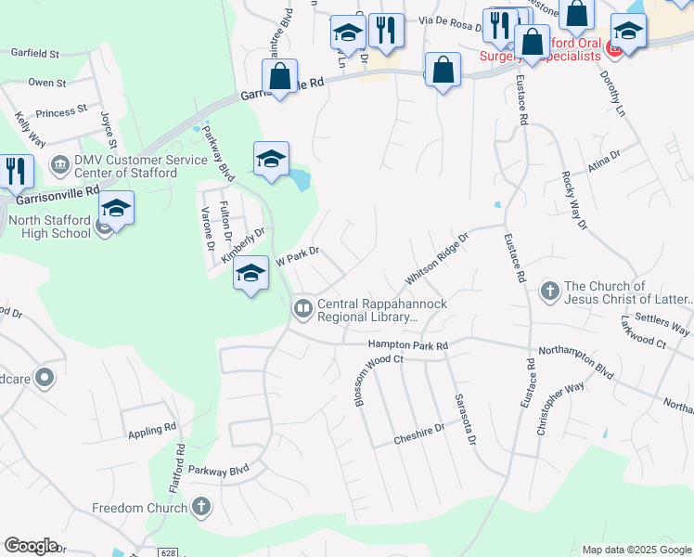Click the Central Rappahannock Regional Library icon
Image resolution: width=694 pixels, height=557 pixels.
(x=302, y=309)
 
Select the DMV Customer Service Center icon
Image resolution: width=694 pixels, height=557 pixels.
(x=60, y=165)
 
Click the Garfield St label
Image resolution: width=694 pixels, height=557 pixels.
(x=35, y=55)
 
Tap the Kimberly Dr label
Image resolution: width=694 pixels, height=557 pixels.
(x=243, y=246)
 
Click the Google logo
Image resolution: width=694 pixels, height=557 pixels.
(x=31, y=546)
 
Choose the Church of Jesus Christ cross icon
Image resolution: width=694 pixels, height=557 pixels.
(x=549, y=291)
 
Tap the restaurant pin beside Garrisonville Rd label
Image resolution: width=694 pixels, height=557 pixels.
(x=17, y=171)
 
